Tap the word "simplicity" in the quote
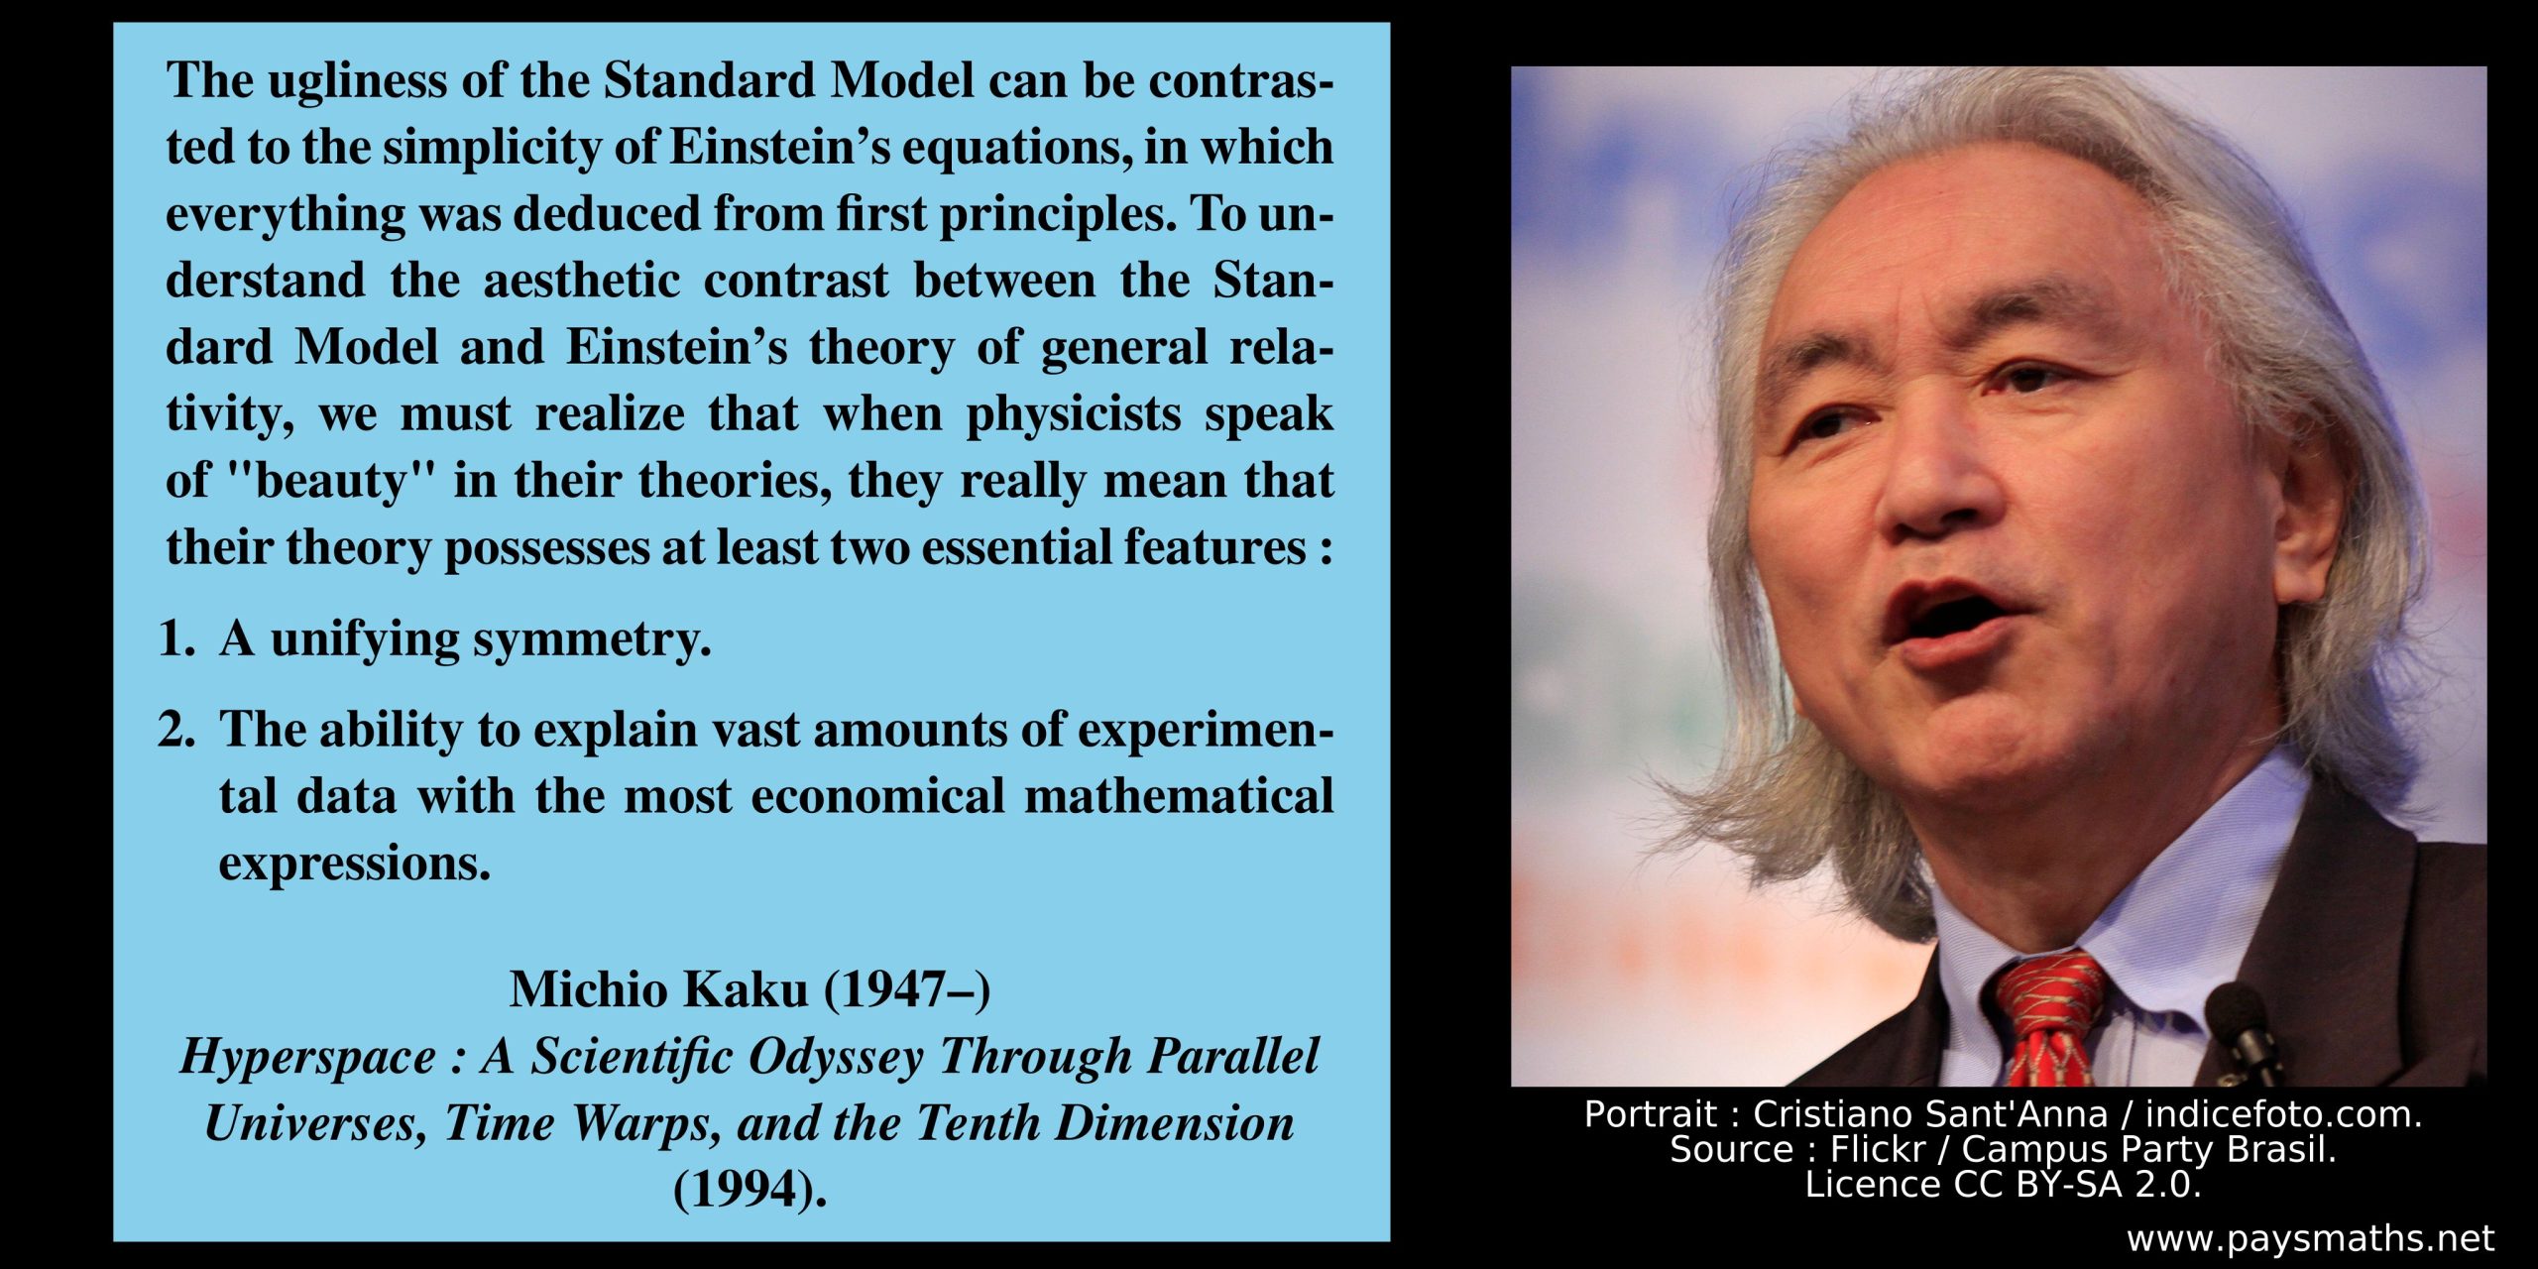(492, 148)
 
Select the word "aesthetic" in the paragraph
(581, 281)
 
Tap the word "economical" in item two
(877, 796)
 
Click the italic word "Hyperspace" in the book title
(307, 1057)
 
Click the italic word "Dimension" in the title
(1175, 1122)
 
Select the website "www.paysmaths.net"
(2310, 1239)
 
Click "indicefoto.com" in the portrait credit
(2283, 1114)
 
